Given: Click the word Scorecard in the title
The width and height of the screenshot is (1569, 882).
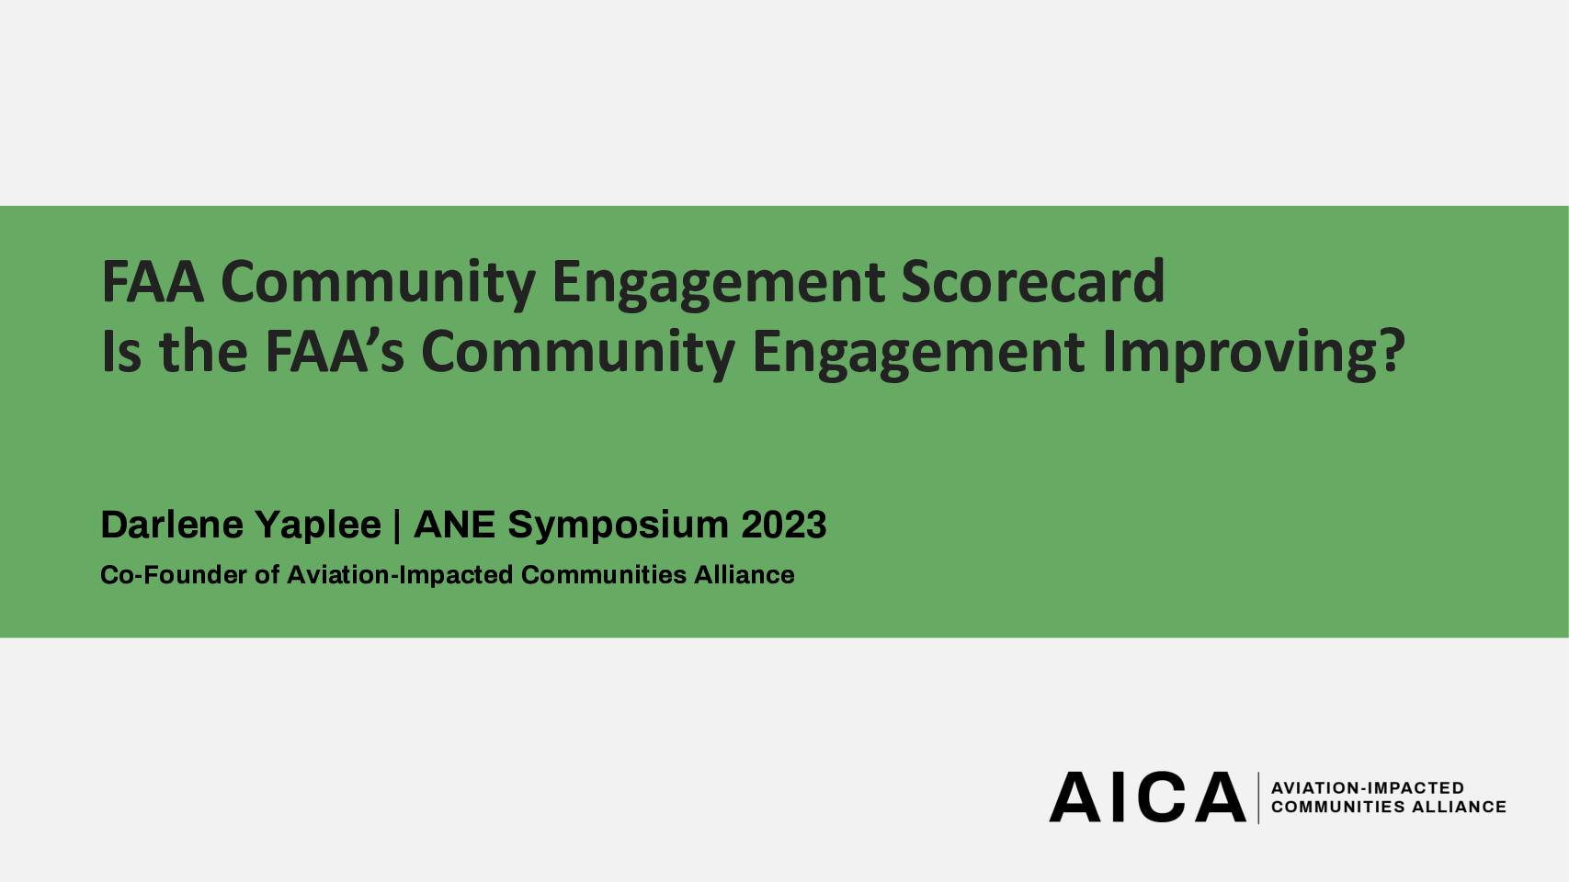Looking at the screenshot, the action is pyautogui.click(x=1032, y=281).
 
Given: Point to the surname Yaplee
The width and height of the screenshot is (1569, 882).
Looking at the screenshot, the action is pyautogui.click(x=318, y=526).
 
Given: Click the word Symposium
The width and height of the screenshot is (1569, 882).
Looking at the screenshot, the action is pyautogui.click(x=619, y=526).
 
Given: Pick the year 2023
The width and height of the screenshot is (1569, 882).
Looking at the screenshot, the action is pyautogui.click(x=784, y=525).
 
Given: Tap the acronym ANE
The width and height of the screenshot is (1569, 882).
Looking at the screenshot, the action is pyautogui.click(x=455, y=525).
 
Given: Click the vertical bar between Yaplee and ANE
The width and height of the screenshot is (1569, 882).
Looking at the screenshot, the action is pyautogui.click(x=397, y=526).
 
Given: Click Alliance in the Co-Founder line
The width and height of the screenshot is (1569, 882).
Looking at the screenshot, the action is pyautogui.click(x=744, y=575).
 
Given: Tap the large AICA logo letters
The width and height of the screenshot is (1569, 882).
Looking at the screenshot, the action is pyautogui.click(x=1147, y=797).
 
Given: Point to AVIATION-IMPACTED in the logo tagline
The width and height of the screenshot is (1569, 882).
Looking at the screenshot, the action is pyautogui.click(x=1368, y=788).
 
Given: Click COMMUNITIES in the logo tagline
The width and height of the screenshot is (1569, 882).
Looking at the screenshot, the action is pyautogui.click(x=1338, y=807).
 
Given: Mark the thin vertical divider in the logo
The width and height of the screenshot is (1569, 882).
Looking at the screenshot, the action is pyautogui.click(x=1258, y=798).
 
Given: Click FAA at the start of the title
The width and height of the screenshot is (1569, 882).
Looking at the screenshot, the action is pyautogui.click(x=153, y=282).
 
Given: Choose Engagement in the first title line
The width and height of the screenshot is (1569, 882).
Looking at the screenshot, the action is pyautogui.click(x=718, y=285).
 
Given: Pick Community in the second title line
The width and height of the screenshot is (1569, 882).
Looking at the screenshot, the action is pyautogui.click(x=578, y=355).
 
